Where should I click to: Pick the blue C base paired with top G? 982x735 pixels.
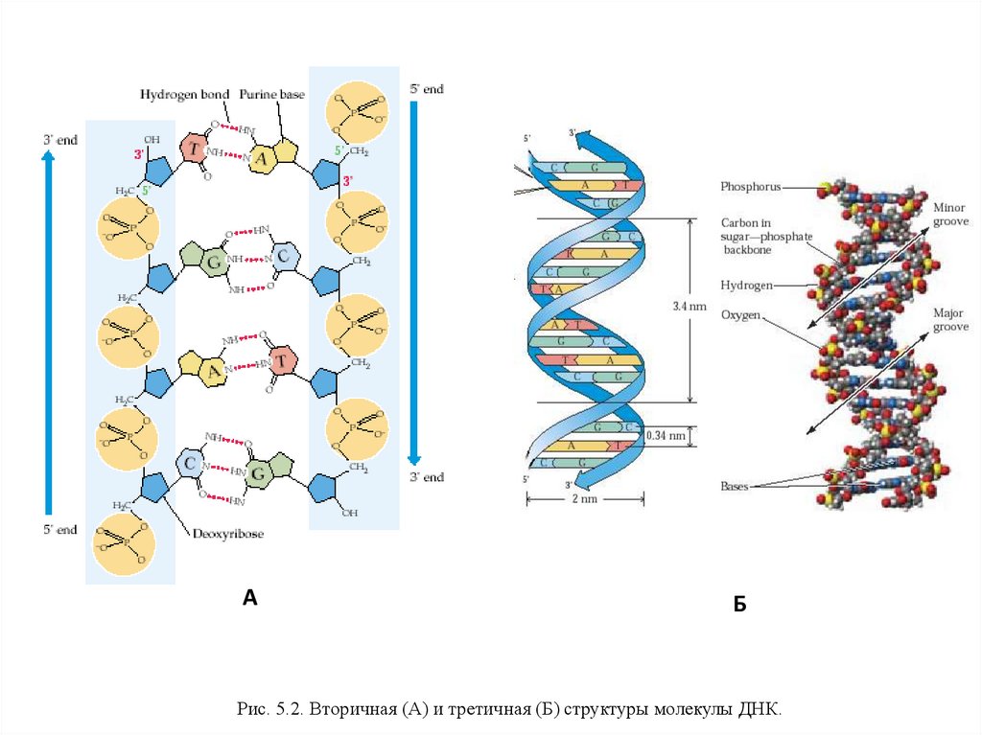284,255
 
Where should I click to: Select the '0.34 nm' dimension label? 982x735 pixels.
666,435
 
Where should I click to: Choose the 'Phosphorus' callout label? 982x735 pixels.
751,185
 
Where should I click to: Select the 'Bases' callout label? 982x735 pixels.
734,486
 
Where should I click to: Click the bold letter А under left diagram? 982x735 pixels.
249,598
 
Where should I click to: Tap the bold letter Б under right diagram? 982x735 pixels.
739,605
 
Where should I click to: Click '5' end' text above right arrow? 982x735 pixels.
427,89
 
